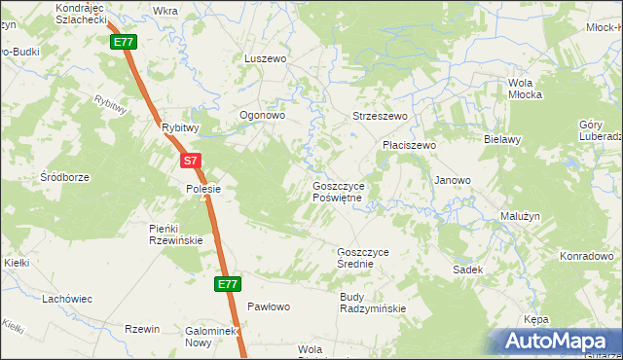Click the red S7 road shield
tap(191, 161)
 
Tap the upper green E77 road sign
tap(123, 43)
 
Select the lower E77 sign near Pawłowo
tap(227, 284)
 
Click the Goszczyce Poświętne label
tap(337, 191)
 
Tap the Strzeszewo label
tap(380, 116)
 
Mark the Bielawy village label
tap(504, 139)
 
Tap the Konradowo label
tap(586, 257)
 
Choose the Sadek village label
tap(468, 269)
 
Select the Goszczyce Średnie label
tap(362, 257)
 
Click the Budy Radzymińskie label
tap(373, 303)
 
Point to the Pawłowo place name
tap(269, 306)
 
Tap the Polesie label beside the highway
tap(204, 189)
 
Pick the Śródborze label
tap(65, 178)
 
